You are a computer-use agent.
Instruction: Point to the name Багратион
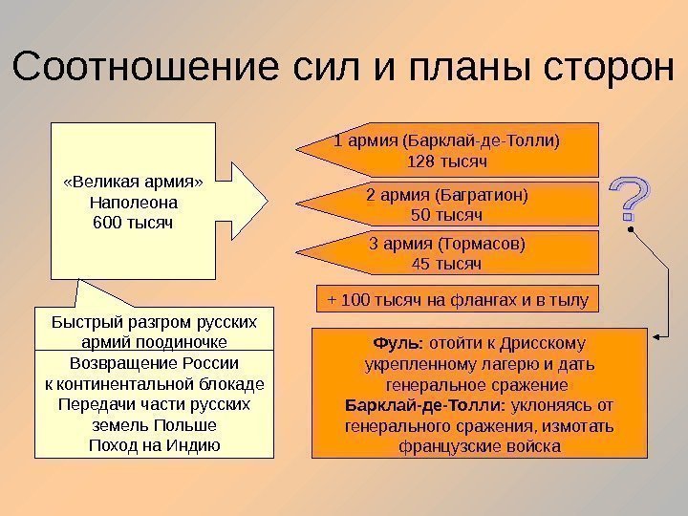point(485,196)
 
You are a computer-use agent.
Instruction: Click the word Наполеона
point(133,203)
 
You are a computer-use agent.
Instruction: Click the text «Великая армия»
point(133,183)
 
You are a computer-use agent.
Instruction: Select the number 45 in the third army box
point(419,263)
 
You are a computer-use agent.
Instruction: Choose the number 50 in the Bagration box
point(419,215)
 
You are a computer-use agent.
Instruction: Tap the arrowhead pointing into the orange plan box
point(656,335)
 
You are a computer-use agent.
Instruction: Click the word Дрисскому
point(548,342)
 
